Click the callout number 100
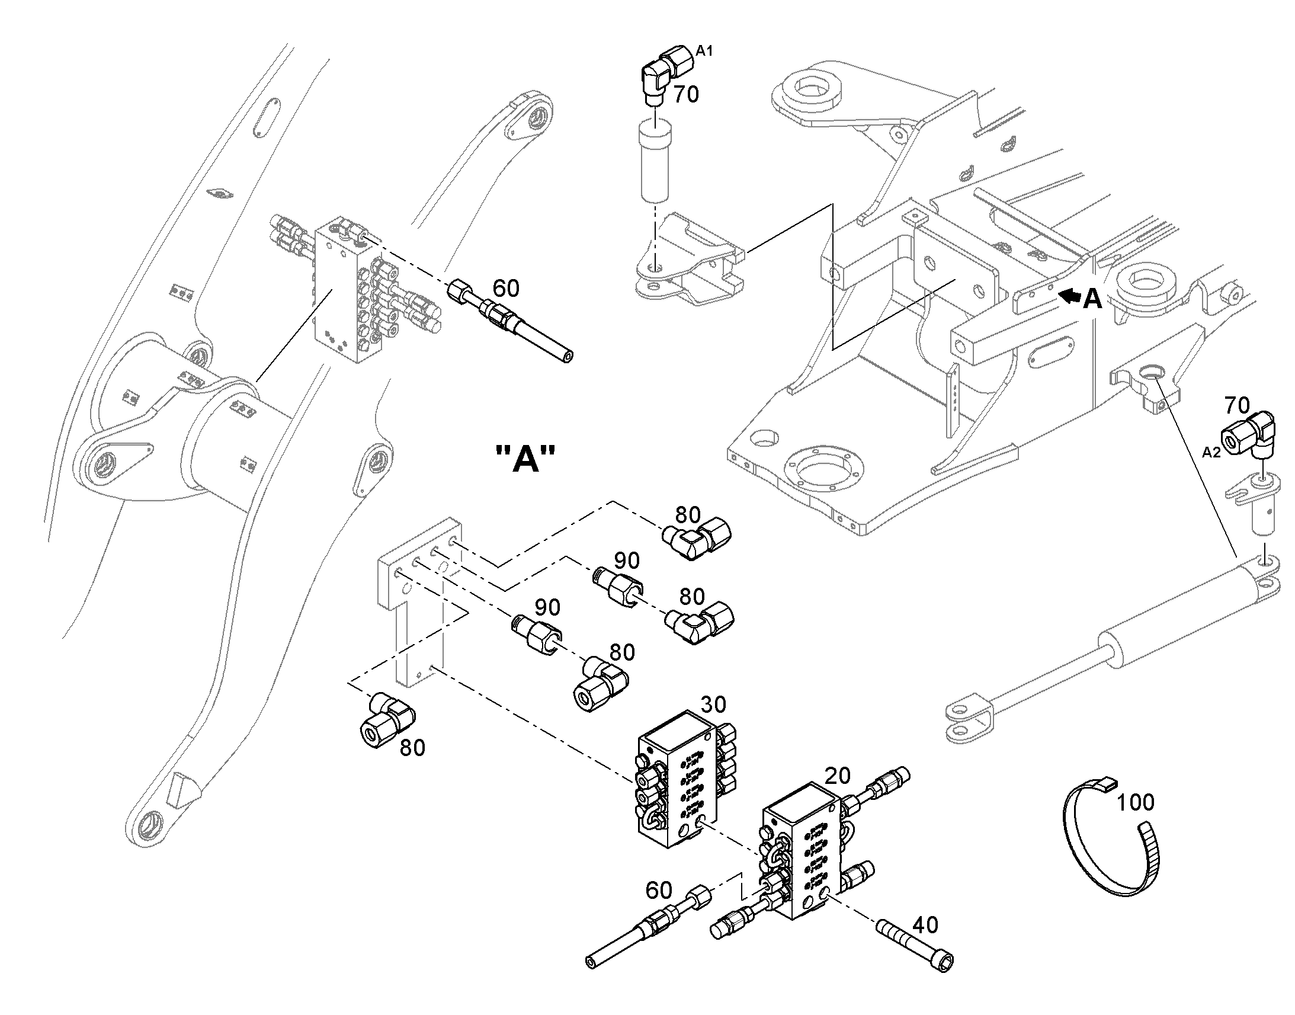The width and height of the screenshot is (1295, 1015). (1135, 802)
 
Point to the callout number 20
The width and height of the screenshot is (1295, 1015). (838, 775)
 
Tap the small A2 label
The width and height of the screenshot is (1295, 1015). (1211, 452)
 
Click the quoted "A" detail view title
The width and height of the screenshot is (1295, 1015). (525, 460)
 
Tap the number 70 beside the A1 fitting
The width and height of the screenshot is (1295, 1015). (686, 94)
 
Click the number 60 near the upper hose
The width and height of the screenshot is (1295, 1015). (506, 289)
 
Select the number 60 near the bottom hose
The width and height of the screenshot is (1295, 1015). (659, 890)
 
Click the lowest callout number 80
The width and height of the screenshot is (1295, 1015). (412, 748)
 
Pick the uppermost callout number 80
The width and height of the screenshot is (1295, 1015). (688, 515)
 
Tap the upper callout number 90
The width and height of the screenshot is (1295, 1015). (627, 561)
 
